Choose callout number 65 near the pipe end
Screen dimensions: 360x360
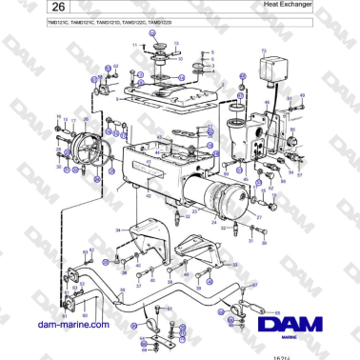(x=275, y=310)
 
